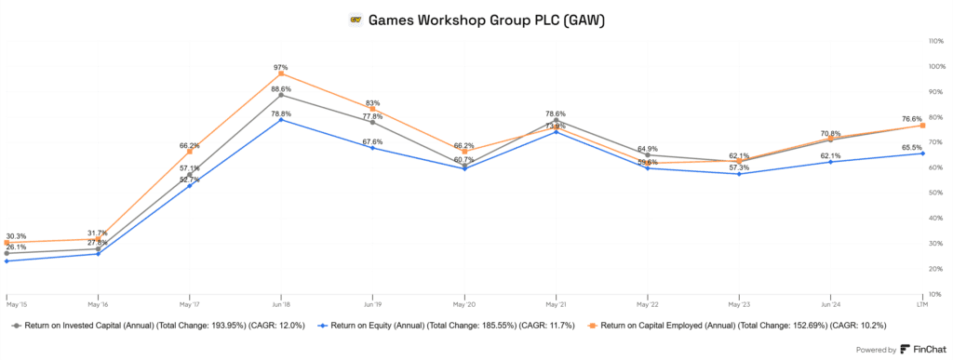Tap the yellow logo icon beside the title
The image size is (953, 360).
[x=355, y=20]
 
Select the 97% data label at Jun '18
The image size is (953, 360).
[x=280, y=68]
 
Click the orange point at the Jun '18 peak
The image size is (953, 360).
[x=280, y=74]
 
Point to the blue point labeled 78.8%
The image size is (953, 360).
[x=280, y=120]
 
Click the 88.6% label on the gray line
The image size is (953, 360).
[x=280, y=88]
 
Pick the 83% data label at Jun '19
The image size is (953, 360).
[x=372, y=102]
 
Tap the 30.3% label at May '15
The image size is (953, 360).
[x=16, y=236]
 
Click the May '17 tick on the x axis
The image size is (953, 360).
[x=189, y=303]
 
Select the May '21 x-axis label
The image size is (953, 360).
[x=556, y=303]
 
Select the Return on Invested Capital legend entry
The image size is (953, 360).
[x=158, y=327]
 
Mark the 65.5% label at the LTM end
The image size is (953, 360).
[x=912, y=147]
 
